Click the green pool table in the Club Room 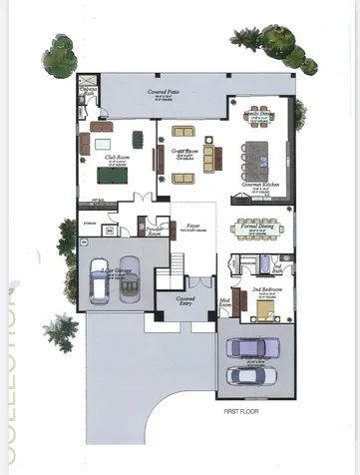pyautogui.click(x=113, y=175)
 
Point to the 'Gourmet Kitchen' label pyautogui.click(x=257, y=187)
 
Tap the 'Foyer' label pyautogui.click(x=193, y=227)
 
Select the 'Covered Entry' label pyautogui.click(x=183, y=298)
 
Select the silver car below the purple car pyautogui.click(x=255, y=375)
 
